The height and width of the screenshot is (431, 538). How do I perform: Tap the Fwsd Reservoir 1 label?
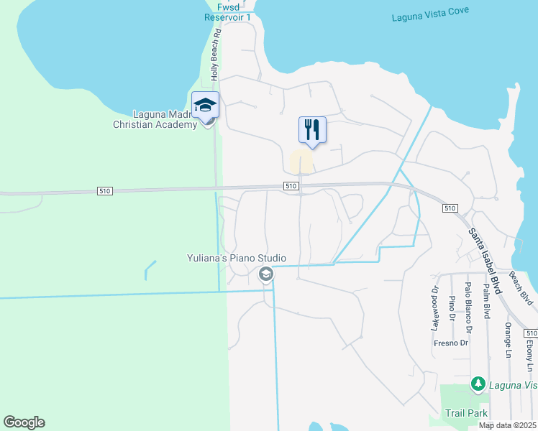point(228,11)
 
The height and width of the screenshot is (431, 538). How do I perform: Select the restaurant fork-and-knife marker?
point(312,130)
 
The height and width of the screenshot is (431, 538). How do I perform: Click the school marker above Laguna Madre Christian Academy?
point(205,106)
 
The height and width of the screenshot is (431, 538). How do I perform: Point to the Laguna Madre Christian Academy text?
point(165,119)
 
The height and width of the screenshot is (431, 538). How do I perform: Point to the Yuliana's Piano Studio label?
point(237,258)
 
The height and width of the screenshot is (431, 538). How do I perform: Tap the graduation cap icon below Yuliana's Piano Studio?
point(265,274)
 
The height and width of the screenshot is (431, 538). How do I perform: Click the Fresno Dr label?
point(451,343)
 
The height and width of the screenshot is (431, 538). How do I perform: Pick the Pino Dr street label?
point(452,307)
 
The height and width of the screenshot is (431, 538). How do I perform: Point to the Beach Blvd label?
point(521,287)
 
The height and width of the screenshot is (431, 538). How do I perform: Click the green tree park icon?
point(478,385)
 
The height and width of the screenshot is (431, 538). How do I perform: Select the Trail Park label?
point(466,413)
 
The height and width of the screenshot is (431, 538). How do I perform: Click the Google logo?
point(24,422)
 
